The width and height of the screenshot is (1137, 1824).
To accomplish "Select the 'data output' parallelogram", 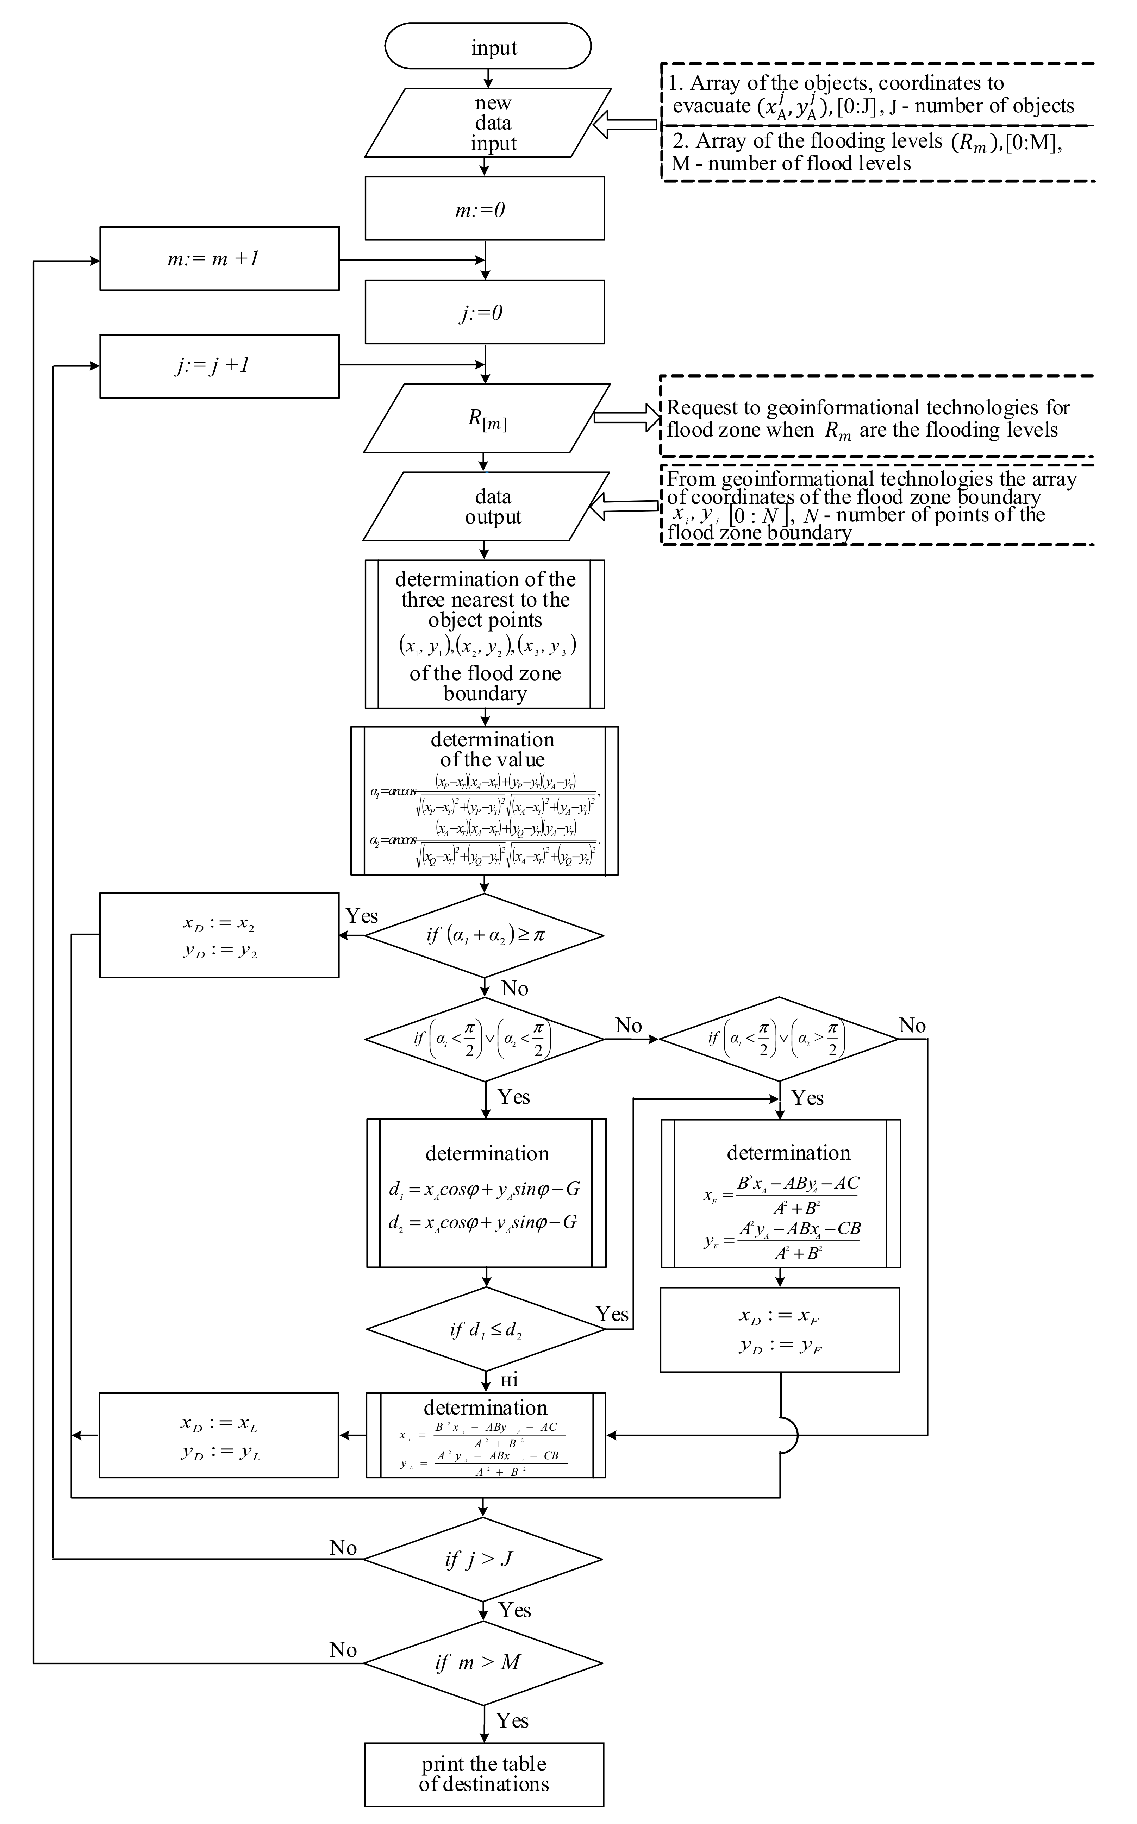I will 487,506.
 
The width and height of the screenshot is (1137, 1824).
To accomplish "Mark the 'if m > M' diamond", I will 483,1662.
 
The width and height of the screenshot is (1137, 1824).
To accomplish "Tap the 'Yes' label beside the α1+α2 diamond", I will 362,916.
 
